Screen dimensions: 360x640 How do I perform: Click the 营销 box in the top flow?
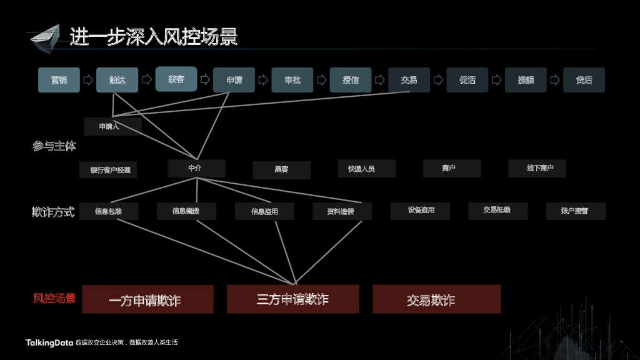[x=59, y=80]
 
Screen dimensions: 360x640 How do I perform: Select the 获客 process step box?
[x=176, y=79]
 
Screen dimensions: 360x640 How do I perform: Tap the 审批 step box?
[x=292, y=80]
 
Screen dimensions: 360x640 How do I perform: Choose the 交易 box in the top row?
[x=409, y=80]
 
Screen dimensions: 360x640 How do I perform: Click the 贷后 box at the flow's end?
[x=584, y=80]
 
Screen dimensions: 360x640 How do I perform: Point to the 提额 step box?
[x=526, y=80]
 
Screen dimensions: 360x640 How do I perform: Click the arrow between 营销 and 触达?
[x=88, y=80]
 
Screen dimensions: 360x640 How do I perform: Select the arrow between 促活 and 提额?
[x=497, y=80]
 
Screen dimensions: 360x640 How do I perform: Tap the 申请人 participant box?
[x=112, y=126]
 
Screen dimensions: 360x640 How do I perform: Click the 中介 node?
[x=196, y=168]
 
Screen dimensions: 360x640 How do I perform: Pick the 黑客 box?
[x=281, y=169]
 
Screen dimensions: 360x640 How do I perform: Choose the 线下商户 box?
[x=537, y=168]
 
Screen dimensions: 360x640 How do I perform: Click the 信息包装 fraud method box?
[x=109, y=211]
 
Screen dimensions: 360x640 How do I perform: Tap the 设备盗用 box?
[x=420, y=211]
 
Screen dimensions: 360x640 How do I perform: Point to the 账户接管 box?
[x=575, y=211]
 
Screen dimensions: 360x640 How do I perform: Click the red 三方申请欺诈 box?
[x=292, y=299]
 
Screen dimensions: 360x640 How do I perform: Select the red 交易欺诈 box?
[x=436, y=299]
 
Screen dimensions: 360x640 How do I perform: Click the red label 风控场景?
[x=54, y=299]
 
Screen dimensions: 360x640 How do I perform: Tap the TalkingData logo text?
[x=49, y=342]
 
